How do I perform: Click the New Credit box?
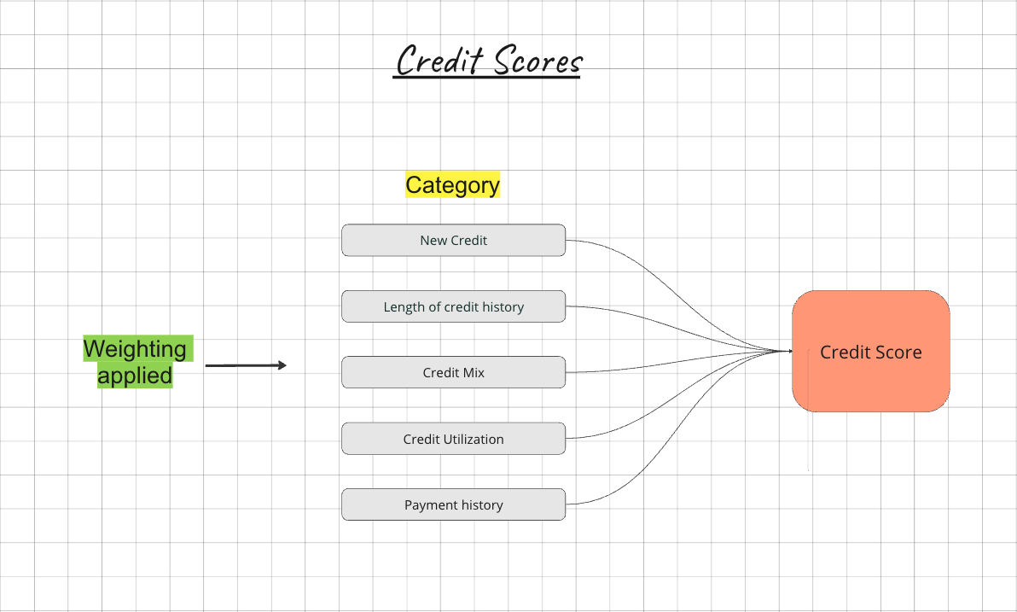(x=453, y=240)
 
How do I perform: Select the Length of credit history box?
(x=453, y=306)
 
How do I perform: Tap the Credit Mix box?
(x=453, y=372)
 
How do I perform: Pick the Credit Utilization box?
(x=453, y=439)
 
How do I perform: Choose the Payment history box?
(x=453, y=504)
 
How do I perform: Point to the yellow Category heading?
(x=452, y=184)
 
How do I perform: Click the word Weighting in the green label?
(x=135, y=348)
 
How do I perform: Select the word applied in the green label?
(x=135, y=376)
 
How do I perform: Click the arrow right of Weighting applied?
(x=246, y=365)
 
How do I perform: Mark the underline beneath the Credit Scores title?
(x=486, y=79)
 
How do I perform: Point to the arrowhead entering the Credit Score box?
(x=788, y=351)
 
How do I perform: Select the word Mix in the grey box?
(x=474, y=372)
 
